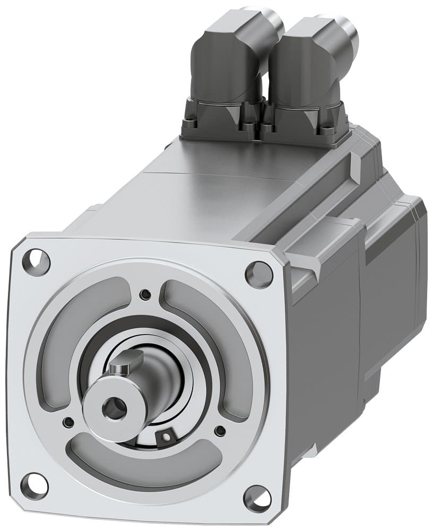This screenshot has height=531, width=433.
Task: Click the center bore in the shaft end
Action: (x=114, y=408)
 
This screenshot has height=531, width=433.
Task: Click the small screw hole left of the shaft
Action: (x=68, y=422)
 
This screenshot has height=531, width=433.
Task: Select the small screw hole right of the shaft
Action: (x=220, y=431)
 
